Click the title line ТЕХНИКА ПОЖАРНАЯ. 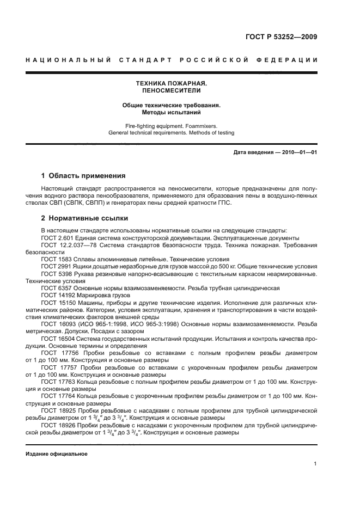tap(172, 83)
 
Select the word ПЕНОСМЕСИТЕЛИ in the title tap(172, 90)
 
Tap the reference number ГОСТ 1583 tap(54, 260)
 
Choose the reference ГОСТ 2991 tap(54, 267)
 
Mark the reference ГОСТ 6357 tap(54, 288)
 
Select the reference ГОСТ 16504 tap(56, 338)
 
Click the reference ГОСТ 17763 tap(56, 380)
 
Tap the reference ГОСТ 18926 tap(56, 422)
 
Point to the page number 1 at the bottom tap(315, 464)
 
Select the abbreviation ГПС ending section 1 tap(222, 203)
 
